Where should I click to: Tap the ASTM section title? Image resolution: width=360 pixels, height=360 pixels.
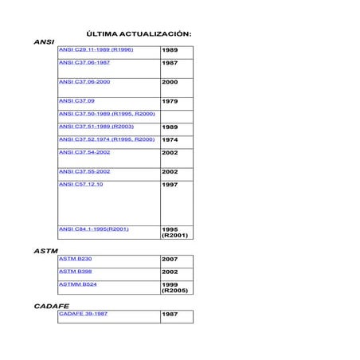click(45, 251)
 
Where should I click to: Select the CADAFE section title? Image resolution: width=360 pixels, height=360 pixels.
click(51, 306)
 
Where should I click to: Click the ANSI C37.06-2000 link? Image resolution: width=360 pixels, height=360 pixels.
click(84, 81)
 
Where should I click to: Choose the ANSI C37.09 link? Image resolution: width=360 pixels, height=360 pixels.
click(76, 101)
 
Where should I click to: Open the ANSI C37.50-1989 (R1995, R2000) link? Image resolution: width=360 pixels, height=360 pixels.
click(107, 114)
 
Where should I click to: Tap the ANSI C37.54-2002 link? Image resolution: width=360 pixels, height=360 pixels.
click(84, 151)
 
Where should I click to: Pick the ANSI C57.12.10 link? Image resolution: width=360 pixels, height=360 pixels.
click(80, 184)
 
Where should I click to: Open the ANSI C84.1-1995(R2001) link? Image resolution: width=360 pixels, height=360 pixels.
click(93, 229)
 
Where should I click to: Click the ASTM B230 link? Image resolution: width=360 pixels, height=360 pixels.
click(76, 259)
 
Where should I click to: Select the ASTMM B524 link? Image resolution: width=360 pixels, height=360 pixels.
click(78, 284)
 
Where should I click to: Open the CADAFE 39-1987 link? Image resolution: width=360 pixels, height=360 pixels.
click(83, 314)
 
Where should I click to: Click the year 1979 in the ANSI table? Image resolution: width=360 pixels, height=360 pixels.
click(170, 102)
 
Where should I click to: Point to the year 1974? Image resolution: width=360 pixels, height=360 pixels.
click(170, 139)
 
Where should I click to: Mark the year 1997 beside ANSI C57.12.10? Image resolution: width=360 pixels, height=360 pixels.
click(170, 185)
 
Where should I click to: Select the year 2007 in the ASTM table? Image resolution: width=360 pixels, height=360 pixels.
click(170, 260)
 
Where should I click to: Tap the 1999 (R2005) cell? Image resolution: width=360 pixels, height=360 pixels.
click(173, 288)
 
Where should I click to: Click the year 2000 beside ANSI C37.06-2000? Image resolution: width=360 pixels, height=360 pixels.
click(170, 82)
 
